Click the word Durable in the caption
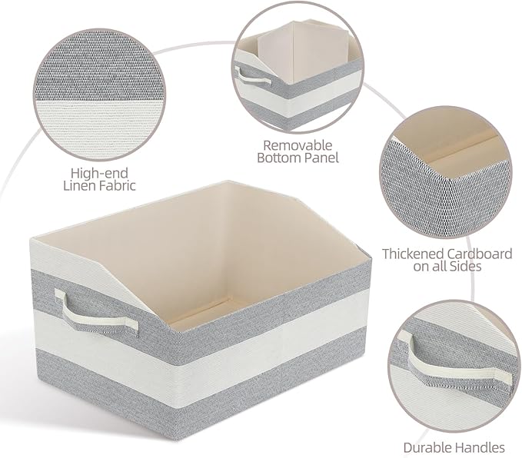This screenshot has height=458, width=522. (x=427, y=447)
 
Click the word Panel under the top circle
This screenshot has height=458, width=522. (x=321, y=158)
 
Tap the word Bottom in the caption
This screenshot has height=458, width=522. (x=281, y=158)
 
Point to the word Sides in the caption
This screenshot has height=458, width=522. (x=465, y=267)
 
